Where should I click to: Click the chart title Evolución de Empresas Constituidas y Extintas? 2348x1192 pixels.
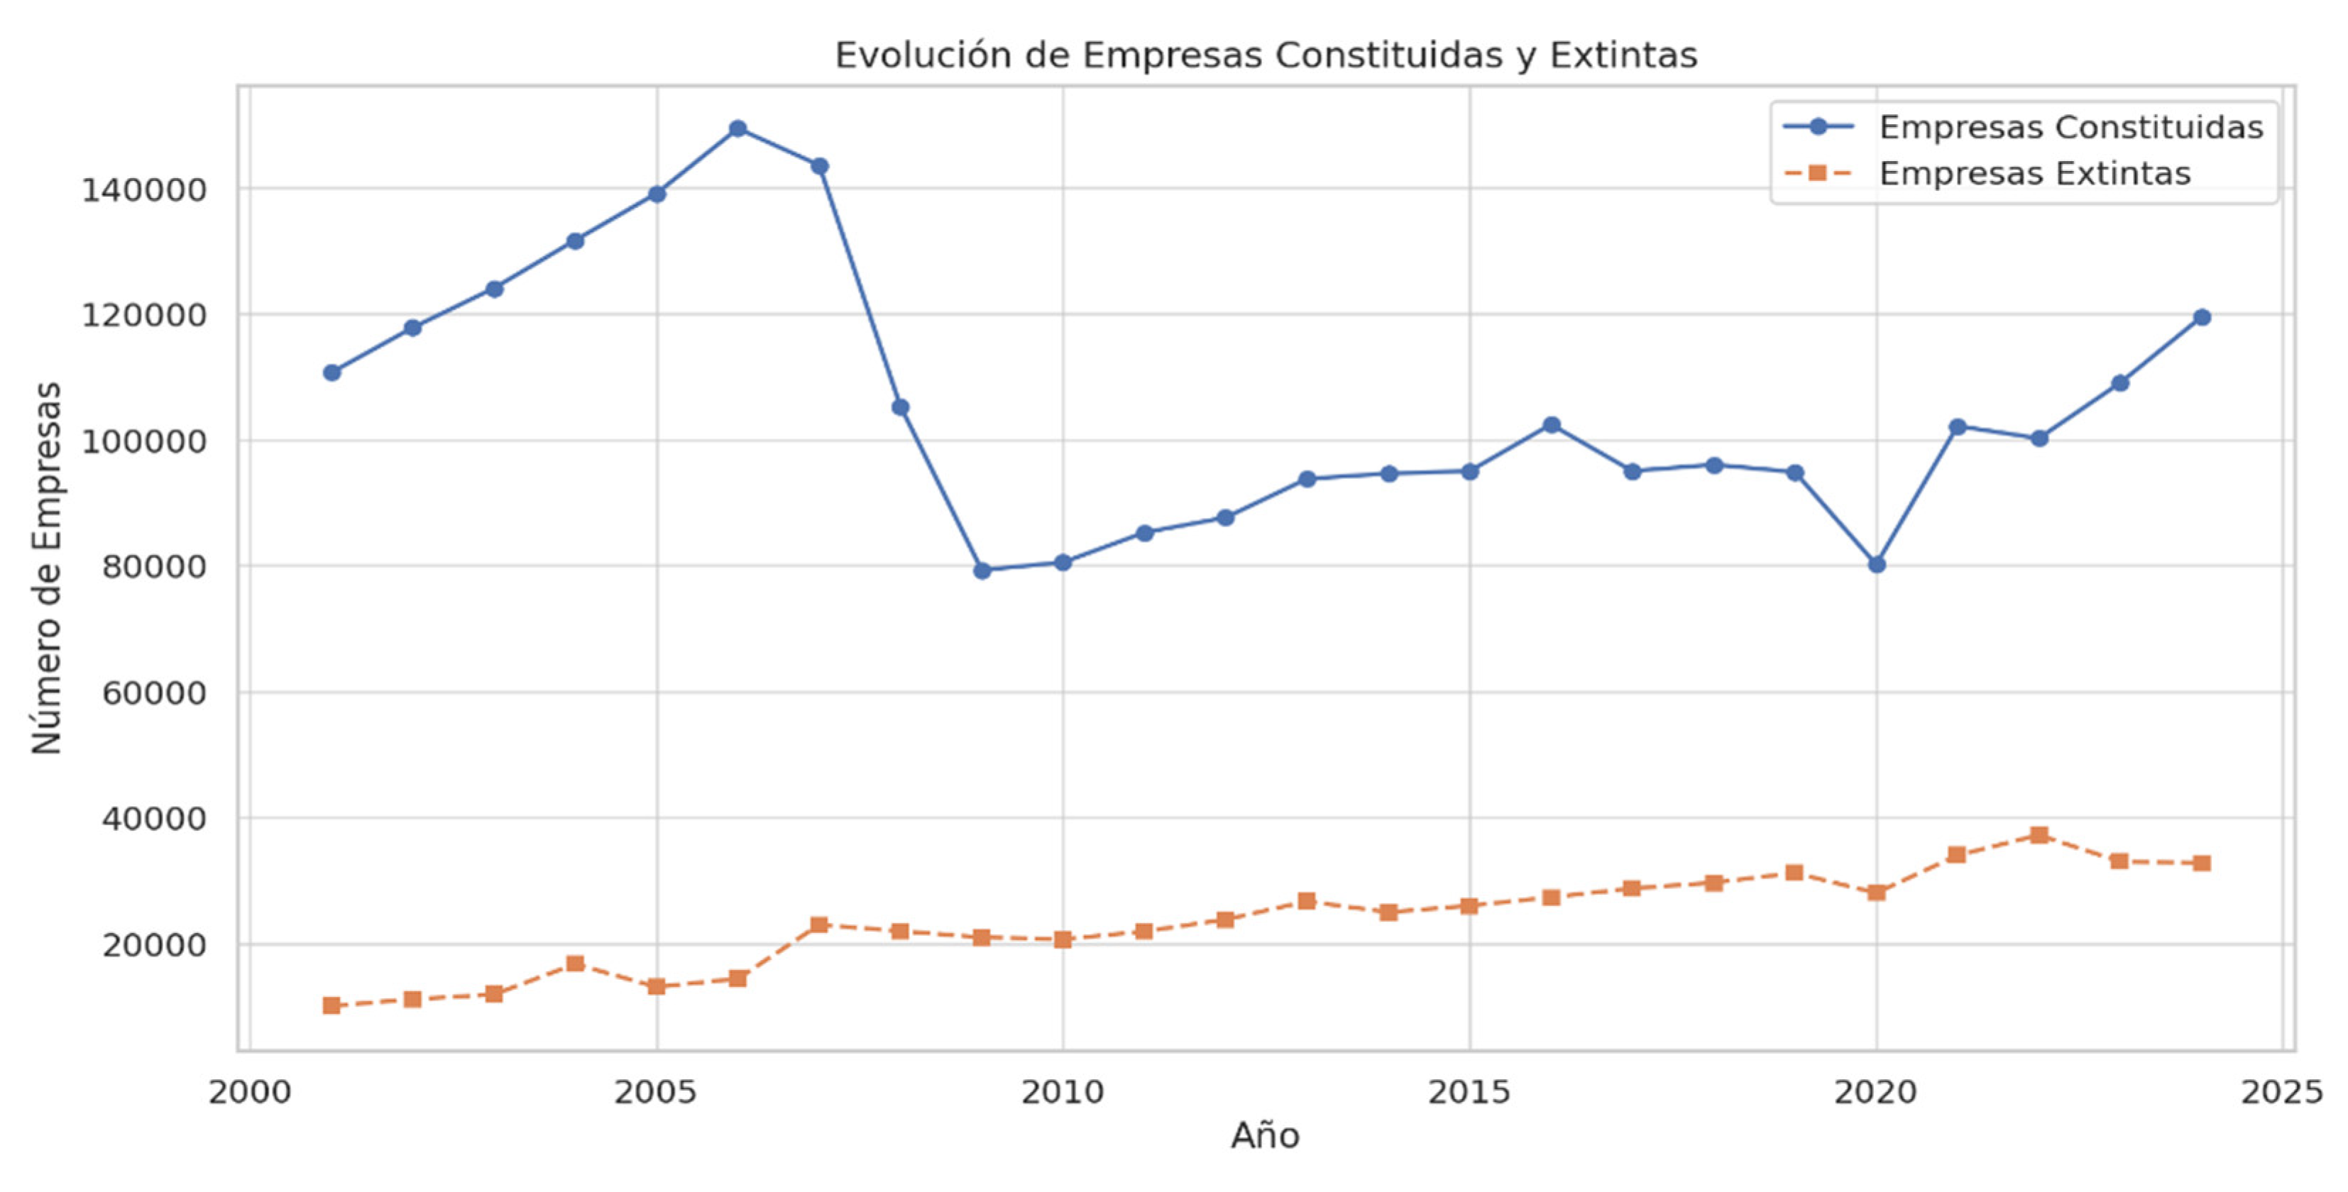(x=1265, y=55)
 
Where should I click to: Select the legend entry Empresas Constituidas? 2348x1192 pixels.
(x=2070, y=127)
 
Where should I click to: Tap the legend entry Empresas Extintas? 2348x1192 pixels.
(x=2034, y=173)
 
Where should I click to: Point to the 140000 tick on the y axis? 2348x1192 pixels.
(x=145, y=190)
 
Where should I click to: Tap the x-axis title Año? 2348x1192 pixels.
(x=1265, y=1135)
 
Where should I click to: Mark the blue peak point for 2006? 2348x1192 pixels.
(x=738, y=128)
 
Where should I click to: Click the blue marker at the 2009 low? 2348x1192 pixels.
(x=982, y=570)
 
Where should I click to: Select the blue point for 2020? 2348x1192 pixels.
(x=1876, y=564)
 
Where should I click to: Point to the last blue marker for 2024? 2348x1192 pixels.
(x=2201, y=317)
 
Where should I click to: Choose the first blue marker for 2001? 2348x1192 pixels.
(x=331, y=372)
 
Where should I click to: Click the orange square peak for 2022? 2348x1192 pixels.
(x=2039, y=835)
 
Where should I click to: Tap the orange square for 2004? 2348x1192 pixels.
(x=575, y=964)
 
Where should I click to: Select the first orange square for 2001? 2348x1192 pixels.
(x=331, y=1005)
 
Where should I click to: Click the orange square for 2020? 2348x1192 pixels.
(x=1876, y=892)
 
